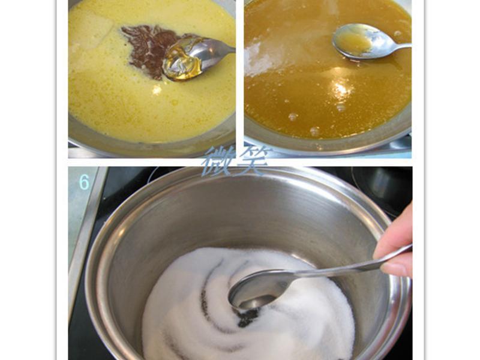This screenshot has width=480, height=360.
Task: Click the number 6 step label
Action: tap(84, 182)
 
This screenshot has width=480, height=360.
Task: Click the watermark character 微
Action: tap(219, 161)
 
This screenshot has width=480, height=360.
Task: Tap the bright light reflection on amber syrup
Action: tap(340, 89)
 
